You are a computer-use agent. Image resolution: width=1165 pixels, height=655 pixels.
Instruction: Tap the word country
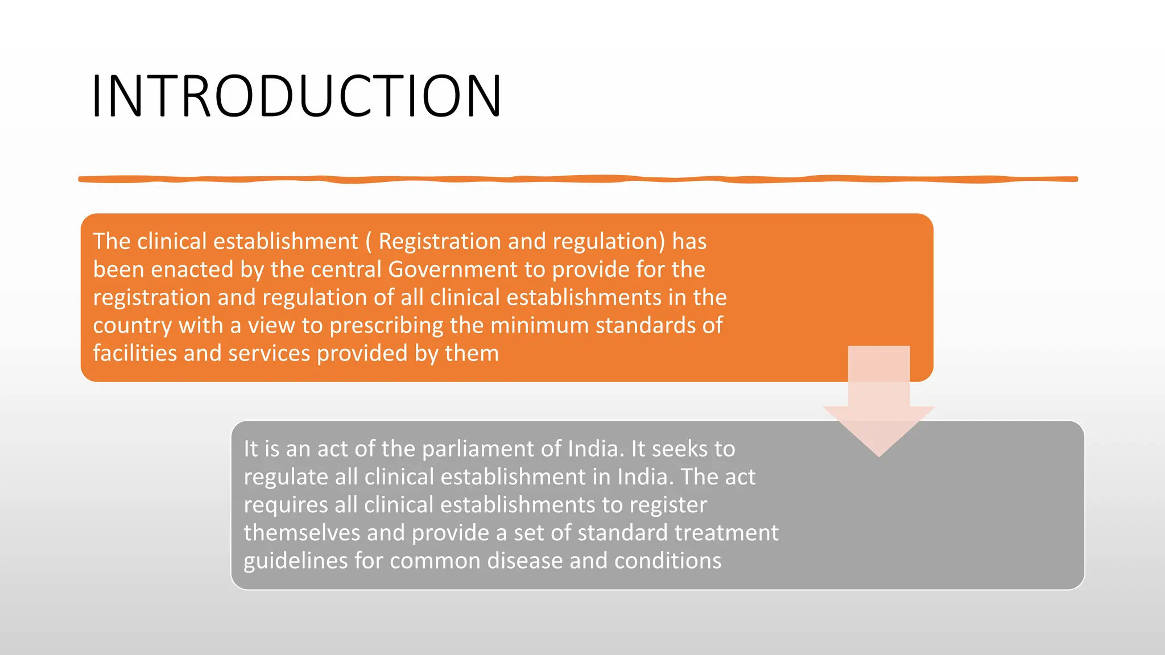click(x=132, y=326)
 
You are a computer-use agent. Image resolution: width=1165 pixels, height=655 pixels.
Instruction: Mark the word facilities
click(x=135, y=354)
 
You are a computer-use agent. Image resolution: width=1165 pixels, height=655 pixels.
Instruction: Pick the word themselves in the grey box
click(x=301, y=533)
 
